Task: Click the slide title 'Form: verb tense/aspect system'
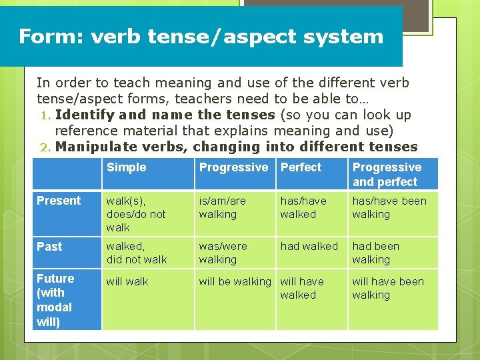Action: coord(201,36)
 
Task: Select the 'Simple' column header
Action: coord(126,167)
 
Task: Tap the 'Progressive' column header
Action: coord(233,167)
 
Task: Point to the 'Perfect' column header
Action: coord(301,167)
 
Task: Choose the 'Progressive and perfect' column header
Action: coord(387,175)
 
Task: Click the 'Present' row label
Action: coord(59,201)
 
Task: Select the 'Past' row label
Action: coord(49,247)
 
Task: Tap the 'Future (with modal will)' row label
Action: coord(56,300)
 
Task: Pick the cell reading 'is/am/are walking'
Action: coord(222,207)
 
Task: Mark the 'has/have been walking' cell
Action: coord(389,207)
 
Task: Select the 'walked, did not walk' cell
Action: coord(137,253)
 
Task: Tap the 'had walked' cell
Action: coord(309,247)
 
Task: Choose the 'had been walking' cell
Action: coord(375,253)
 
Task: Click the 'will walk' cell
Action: coord(127,281)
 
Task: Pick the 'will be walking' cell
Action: coord(235,281)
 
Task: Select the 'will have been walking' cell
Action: coord(388,288)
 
